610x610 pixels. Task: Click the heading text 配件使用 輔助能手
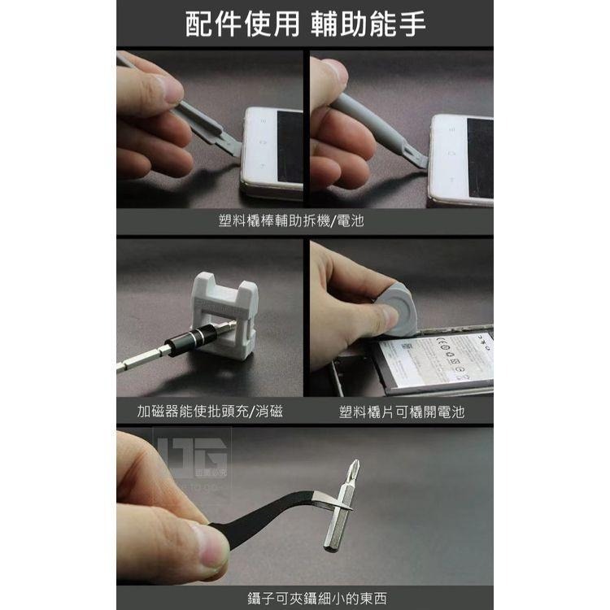(305, 24)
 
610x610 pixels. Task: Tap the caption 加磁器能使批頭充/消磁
(210, 412)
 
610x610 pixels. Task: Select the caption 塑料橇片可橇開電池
(401, 412)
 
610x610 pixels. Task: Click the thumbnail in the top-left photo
(175, 89)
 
